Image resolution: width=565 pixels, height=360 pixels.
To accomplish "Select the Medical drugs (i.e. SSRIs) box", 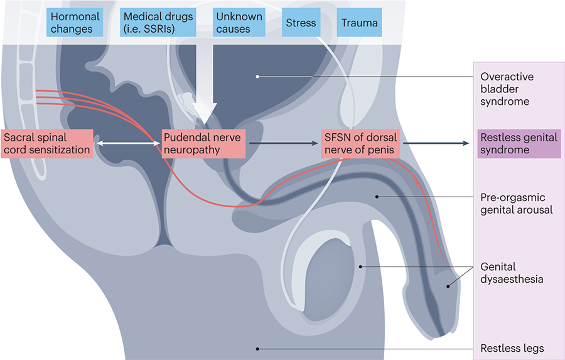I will click(x=158, y=23).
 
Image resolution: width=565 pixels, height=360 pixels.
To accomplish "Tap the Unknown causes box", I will click(x=233, y=23).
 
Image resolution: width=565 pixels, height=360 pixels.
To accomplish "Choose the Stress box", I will click(x=301, y=23).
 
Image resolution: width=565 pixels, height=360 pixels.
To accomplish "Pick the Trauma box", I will click(x=360, y=23).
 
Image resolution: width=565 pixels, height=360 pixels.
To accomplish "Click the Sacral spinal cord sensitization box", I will click(x=47, y=144).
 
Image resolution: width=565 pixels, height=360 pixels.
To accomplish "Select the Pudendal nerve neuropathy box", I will click(x=203, y=144).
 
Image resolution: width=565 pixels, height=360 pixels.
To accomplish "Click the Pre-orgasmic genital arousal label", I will click(x=516, y=203).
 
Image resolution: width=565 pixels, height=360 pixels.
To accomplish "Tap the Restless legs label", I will click(x=512, y=348).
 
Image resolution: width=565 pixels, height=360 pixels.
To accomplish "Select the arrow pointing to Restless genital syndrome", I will click(x=436, y=144).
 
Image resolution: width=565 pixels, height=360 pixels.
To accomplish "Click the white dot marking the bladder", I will click(x=257, y=77).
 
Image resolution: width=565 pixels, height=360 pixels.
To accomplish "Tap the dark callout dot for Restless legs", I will click(x=257, y=348).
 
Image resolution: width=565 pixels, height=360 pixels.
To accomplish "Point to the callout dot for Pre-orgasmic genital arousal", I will click(x=377, y=196).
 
